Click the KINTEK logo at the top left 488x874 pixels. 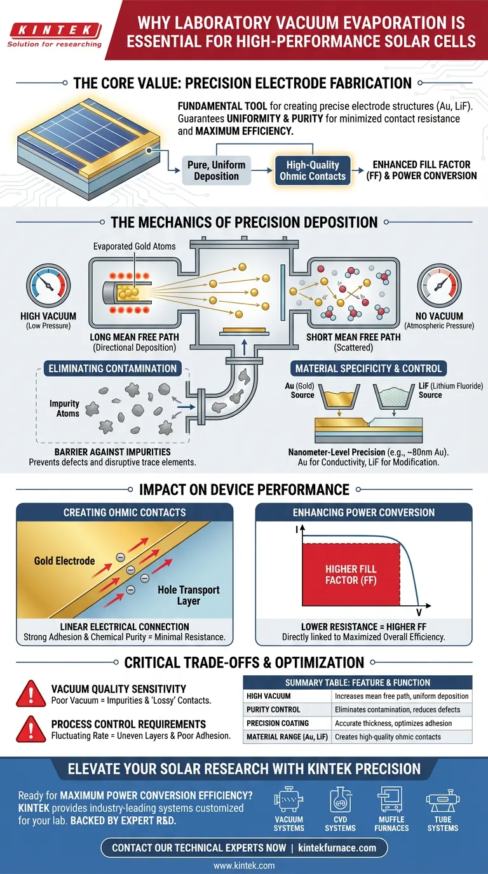pyautogui.click(x=53, y=30)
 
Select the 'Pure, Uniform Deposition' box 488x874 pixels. pyautogui.click(x=216, y=170)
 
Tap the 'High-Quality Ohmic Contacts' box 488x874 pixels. pyautogui.click(x=313, y=170)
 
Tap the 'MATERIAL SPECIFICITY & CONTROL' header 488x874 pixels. pyautogui.click(x=369, y=368)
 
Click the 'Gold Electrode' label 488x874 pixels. pyautogui.click(x=64, y=561)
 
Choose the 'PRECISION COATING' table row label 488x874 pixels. pyautogui.click(x=278, y=723)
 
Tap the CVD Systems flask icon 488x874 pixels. pyautogui.click(x=340, y=802)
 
